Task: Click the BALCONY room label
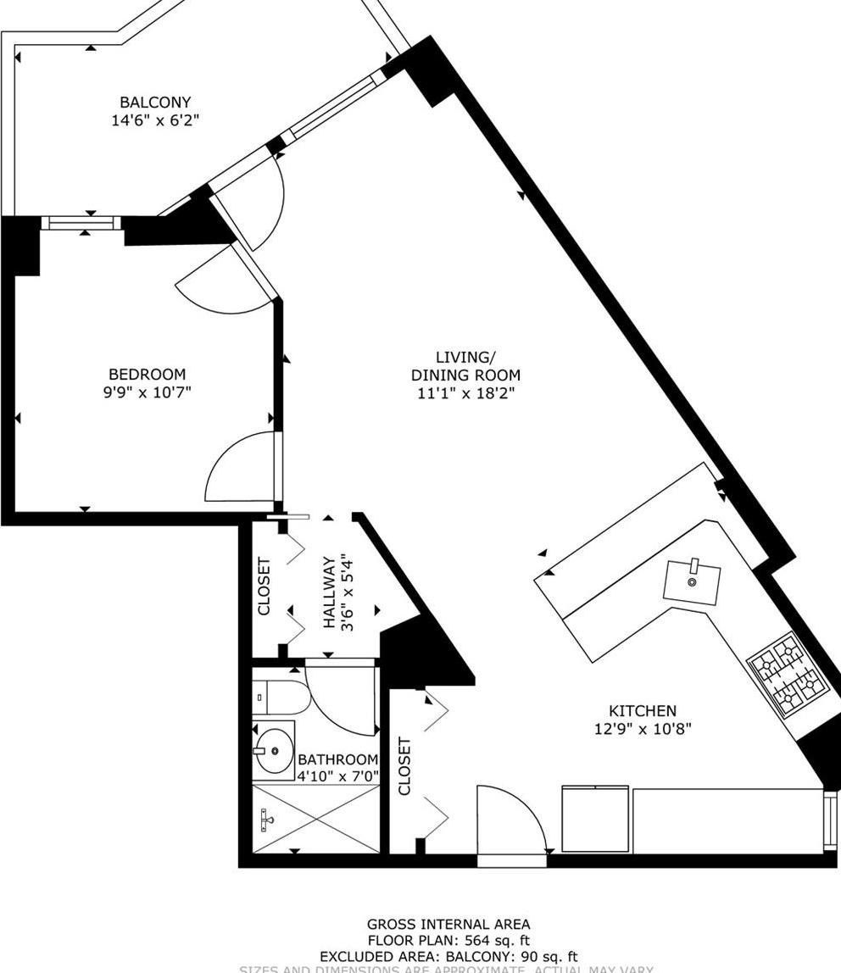[155, 103]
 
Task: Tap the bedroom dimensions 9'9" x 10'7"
[147, 392]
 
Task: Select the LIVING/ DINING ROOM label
[465, 366]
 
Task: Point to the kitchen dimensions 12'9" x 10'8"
[643, 729]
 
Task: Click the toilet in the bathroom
[273, 697]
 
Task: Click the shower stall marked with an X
[316, 818]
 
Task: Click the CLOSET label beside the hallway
[264, 587]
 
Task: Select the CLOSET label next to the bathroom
[404, 766]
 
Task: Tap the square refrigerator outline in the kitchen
[595, 819]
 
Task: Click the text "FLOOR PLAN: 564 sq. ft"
[448, 940]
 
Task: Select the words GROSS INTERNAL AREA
[448, 925]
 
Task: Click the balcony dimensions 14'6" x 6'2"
[155, 120]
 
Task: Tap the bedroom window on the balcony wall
[81, 223]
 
